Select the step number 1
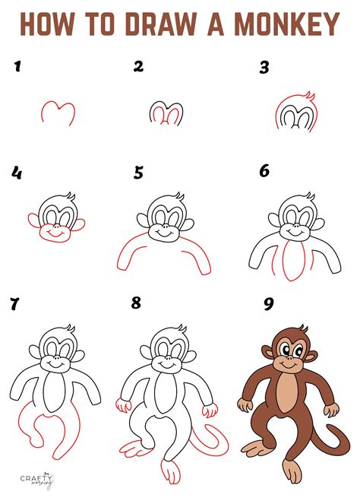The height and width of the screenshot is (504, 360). click(x=16, y=67)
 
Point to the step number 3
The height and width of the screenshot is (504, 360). click(x=264, y=67)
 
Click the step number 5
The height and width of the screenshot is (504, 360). click(x=139, y=173)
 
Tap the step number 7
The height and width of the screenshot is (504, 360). click(x=14, y=305)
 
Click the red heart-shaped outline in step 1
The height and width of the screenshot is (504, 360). click(x=58, y=113)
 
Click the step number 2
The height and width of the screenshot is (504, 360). click(x=138, y=67)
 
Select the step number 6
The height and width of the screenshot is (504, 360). click(x=264, y=172)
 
